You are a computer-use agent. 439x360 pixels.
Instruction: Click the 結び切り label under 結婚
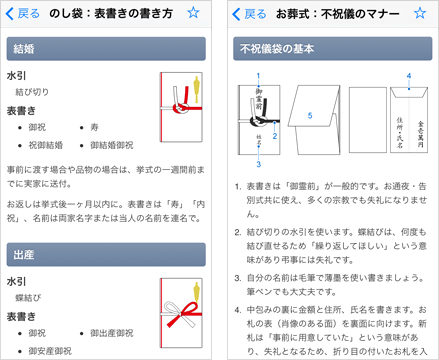pyautogui.click(x=33, y=91)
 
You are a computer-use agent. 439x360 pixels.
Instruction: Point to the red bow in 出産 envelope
pyautogui.click(x=182, y=317)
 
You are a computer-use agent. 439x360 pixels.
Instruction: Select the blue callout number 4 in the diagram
pyautogui.click(x=408, y=76)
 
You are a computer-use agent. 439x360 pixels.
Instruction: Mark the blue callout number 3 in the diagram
pyautogui.click(x=258, y=164)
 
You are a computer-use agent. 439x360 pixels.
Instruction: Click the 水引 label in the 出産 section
pyautogui.click(x=17, y=280)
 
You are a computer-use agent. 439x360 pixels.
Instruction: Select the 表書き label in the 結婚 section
pyautogui.click(x=22, y=110)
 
